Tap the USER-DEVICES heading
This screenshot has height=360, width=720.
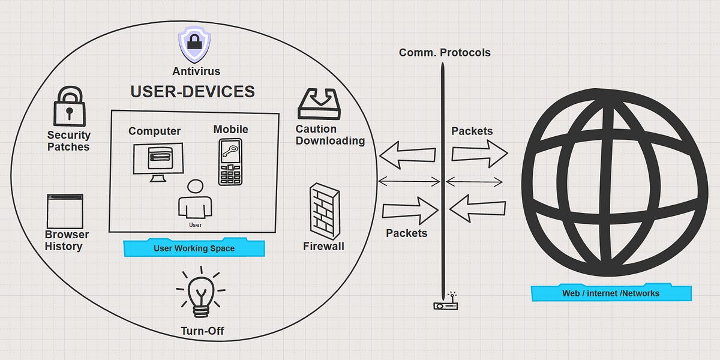coord(193,92)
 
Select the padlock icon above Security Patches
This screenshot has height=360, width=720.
coord(69,106)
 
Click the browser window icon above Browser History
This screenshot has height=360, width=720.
coord(65,211)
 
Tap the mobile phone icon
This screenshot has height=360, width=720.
coord(230,161)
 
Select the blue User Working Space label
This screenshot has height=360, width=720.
coord(194,248)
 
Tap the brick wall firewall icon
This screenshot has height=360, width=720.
coord(323,211)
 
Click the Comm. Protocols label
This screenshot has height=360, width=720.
coord(445,53)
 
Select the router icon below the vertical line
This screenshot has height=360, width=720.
coord(446,303)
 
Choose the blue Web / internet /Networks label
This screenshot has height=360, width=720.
coord(611,293)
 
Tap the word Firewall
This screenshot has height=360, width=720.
coord(323,246)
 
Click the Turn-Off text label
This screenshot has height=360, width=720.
coord(202,331)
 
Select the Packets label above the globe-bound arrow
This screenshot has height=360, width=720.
coord(472,131)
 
